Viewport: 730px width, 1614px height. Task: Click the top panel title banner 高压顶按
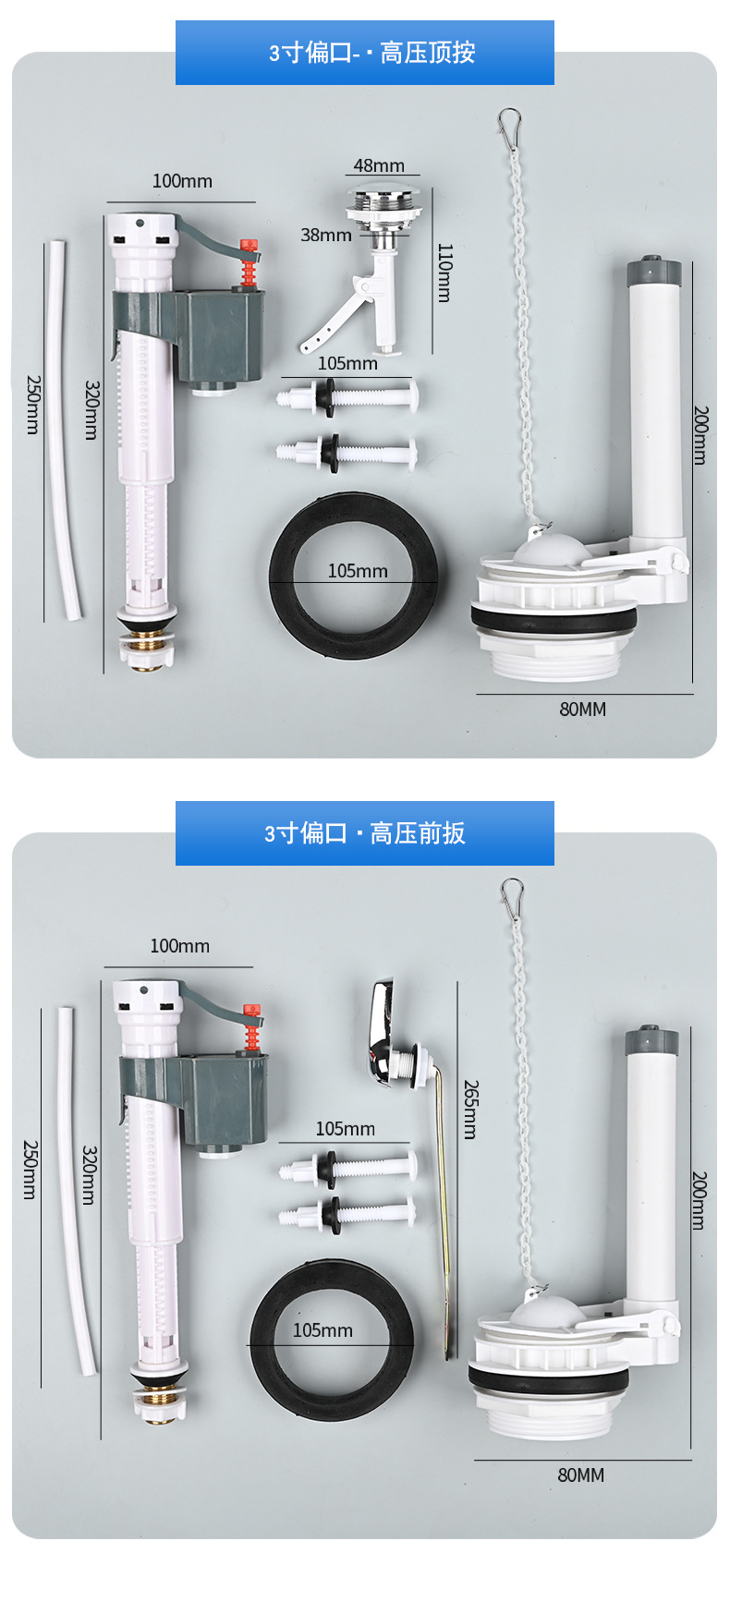[365, 53]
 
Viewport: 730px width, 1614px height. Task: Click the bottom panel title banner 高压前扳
[365, 833]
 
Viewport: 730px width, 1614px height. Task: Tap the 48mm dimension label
[379, 165]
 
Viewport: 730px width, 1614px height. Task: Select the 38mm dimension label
[325, 236]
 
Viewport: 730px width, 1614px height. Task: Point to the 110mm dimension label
[444, 273]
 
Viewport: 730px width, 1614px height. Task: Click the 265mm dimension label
[470, 1109]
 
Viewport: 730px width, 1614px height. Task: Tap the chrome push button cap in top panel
[385, 197]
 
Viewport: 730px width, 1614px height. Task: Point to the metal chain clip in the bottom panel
[512, 892]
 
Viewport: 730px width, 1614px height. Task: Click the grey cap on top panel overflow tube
[653, 272]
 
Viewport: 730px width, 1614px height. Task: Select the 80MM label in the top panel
[582, 710]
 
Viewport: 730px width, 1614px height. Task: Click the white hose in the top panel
[65, 430]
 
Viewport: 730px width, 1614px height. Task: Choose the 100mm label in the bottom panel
[179, 946]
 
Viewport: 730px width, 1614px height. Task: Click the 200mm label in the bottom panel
[700, 1200]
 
